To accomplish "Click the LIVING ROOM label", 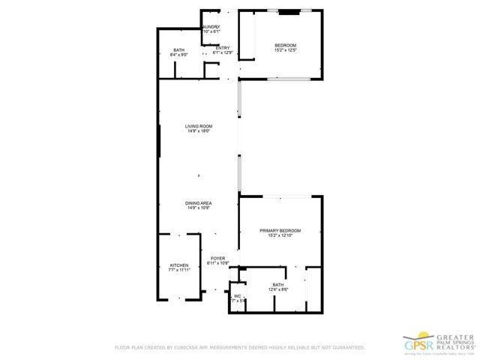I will tap(199, 126).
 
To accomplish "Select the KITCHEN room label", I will tap(178, 266).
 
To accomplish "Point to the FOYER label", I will tap(218, 258).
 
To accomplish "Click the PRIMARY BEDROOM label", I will tap(280, 230).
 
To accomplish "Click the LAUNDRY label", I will tap(211, 27).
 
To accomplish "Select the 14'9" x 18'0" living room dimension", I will tap(199, 131).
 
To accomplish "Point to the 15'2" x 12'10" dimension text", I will tap(280, 235).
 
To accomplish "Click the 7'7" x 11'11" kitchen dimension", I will tap(178, 271).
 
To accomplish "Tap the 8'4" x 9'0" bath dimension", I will tap(179, 55).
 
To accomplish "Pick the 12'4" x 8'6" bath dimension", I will tap(278, 289).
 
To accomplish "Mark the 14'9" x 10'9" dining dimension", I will tap(199, 208).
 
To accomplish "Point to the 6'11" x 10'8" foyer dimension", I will tap(218, 263).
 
